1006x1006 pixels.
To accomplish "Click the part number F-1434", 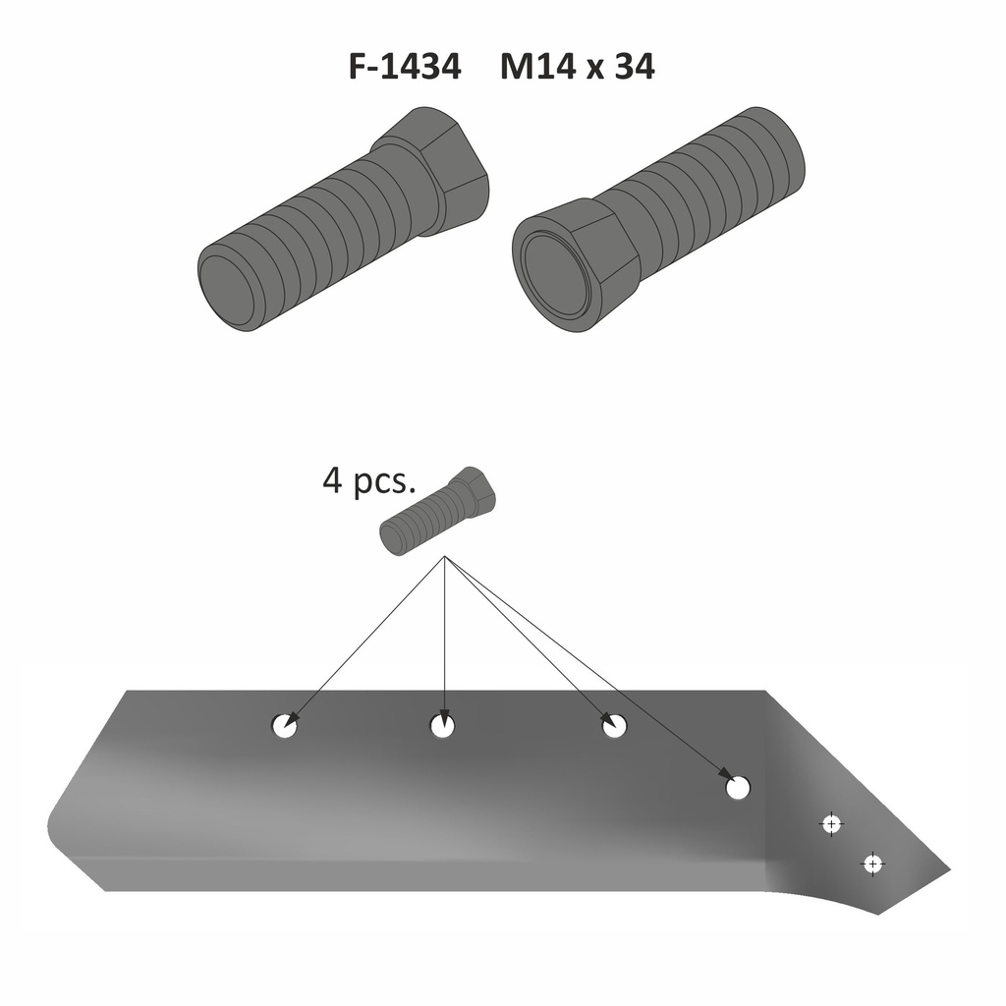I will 405,67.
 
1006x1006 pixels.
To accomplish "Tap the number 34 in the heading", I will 633,67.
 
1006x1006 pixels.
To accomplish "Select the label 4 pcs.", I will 369,482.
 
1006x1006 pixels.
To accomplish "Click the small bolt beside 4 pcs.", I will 438,512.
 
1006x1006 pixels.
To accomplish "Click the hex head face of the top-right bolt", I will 555,266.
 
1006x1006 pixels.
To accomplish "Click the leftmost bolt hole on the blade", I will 285,727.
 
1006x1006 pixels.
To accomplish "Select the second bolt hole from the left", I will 443,727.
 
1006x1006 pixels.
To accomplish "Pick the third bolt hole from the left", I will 615,727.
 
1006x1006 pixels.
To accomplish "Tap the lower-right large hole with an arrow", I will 738,787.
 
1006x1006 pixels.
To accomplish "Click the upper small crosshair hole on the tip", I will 832,823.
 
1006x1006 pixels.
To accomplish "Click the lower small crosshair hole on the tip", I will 871,865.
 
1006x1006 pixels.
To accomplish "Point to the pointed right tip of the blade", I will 947,870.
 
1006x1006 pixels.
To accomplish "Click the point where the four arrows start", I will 445,558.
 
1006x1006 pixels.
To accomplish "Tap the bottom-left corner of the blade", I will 106,889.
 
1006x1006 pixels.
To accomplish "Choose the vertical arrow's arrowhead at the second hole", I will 445,716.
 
